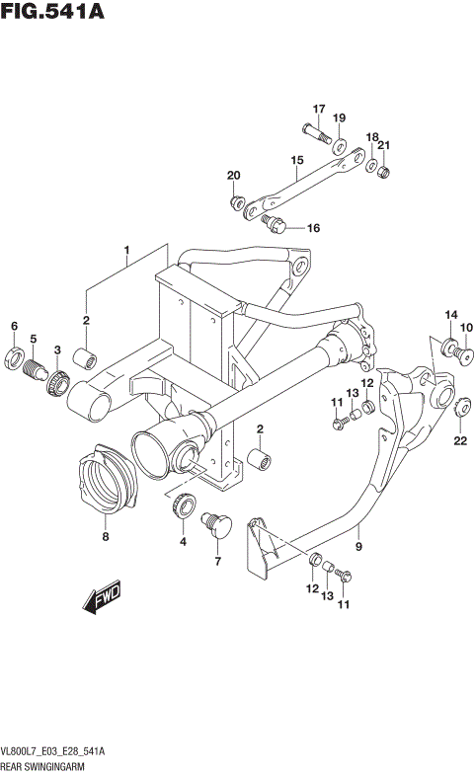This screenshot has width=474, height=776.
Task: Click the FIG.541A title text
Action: (x=53, y=14)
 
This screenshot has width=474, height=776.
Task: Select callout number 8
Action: (x=106, y=538)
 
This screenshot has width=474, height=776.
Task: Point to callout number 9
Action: (x=358, y=544)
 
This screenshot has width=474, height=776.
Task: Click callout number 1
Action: (x=126, y=250)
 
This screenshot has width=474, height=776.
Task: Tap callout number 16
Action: (x=313, y=228)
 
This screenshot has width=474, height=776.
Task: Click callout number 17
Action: (x=319, y=109)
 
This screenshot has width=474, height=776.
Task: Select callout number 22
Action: (x=460, y=440)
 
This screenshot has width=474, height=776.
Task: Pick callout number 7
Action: (x=217, y=562)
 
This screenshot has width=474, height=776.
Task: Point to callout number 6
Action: (x=14, y=326)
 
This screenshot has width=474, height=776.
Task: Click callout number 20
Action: (x=234, y=176)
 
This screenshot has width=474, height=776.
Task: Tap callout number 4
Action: (x=182, y=541)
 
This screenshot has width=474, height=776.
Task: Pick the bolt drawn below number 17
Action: (x=315, y=130)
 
